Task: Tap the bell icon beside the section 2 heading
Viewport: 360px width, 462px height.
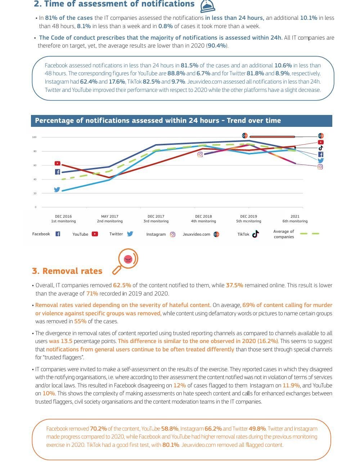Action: (x=207, y=6)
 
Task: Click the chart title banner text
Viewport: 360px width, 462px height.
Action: (x=158, y=121)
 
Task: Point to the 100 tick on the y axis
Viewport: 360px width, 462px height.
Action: (x=34, y=137)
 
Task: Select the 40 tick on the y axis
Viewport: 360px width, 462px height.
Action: (x=35, y=179)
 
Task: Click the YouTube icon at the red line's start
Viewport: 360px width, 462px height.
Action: (x=58, y=163)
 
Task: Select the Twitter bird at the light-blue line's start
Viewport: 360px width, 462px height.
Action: (x=57, y=189)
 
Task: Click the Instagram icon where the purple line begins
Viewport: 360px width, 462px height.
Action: (x=200, y=155)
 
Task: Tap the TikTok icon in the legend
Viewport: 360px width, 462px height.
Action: (x=256, y=234)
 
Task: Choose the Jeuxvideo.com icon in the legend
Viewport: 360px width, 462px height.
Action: (x=216, y=234)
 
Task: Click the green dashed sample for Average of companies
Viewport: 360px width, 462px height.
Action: (x=310, y=234)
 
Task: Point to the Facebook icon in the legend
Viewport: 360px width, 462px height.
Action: (x=58, y=234)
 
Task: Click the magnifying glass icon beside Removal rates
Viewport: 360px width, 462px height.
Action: (x=125, y=261)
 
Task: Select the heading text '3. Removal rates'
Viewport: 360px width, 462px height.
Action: (x=67, y=271)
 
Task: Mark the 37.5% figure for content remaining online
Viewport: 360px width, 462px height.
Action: (x=234, y=285)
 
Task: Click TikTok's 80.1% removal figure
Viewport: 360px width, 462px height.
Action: (x=171, y=445)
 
